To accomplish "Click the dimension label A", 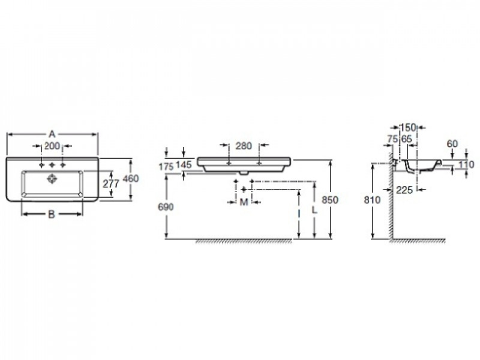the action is click(x=52, y=134).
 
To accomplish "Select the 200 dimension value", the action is click(x=52, y=146).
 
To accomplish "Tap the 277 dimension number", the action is click(x=111, y=184).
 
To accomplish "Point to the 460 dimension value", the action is click(x=131, y=178).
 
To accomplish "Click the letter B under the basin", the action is click(x=52, y=214).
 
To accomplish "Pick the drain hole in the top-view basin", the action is click(x=52, y=179).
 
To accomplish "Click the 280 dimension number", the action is click(x=244, y=146).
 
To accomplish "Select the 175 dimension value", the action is click(x=166, y=167).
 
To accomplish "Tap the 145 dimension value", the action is click(x=184, y=164).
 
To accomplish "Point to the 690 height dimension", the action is click(x=166, y=207).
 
